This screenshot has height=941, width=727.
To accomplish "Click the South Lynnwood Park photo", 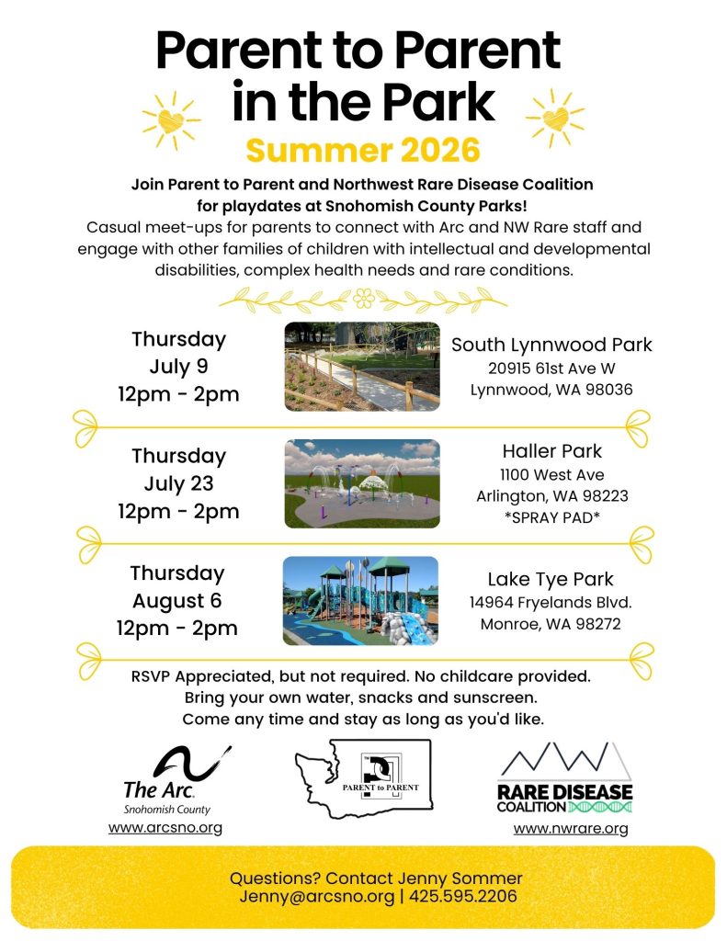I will (x=361, y=366).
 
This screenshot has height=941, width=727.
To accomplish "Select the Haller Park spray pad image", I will (x=361, y=483).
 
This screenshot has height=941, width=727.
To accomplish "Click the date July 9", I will (x=178, y=367).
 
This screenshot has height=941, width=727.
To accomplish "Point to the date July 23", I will (x=178, y=483).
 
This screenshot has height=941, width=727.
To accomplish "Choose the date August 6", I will (x=177, y=601).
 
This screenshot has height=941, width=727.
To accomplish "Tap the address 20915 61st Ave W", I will (x=551, y=368).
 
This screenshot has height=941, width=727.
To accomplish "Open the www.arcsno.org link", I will (x=165, y=828).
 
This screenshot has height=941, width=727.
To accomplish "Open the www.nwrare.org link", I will (x=571, y=829).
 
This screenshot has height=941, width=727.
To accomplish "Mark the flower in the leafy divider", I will (x=364, y=297).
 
